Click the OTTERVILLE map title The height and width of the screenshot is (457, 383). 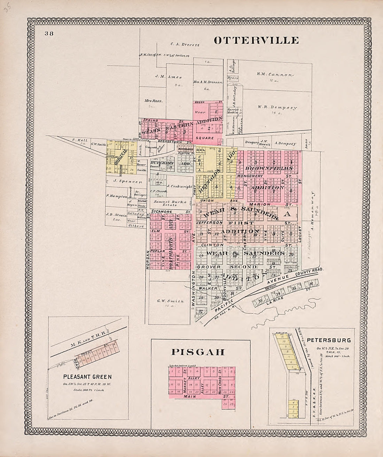pos(256,40)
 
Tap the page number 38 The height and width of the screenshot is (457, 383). pos(48,34)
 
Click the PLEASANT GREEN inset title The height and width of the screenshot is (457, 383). pos(88,377)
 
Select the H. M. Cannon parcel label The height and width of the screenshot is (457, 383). pos(275,74)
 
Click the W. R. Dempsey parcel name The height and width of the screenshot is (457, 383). pos(277,108)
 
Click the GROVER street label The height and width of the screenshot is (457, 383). pos(209,267)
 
